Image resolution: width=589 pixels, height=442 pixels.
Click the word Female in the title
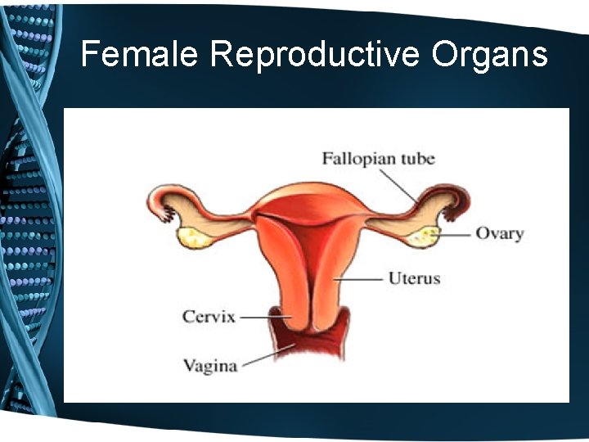[139, 55]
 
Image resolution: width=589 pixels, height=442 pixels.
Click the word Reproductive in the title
[314, 55]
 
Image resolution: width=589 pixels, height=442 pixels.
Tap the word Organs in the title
[489, 55]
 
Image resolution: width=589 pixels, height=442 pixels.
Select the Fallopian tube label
[378, 158]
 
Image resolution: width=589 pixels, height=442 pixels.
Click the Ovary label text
[499, 233]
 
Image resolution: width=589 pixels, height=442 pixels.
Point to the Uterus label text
[414, 278]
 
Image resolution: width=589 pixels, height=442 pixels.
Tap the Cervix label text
[209, 316]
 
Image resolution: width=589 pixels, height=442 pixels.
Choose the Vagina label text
[210, 365]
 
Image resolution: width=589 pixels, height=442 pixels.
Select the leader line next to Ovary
[455, 234]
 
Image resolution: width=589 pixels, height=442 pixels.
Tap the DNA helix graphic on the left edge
[29, 221]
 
